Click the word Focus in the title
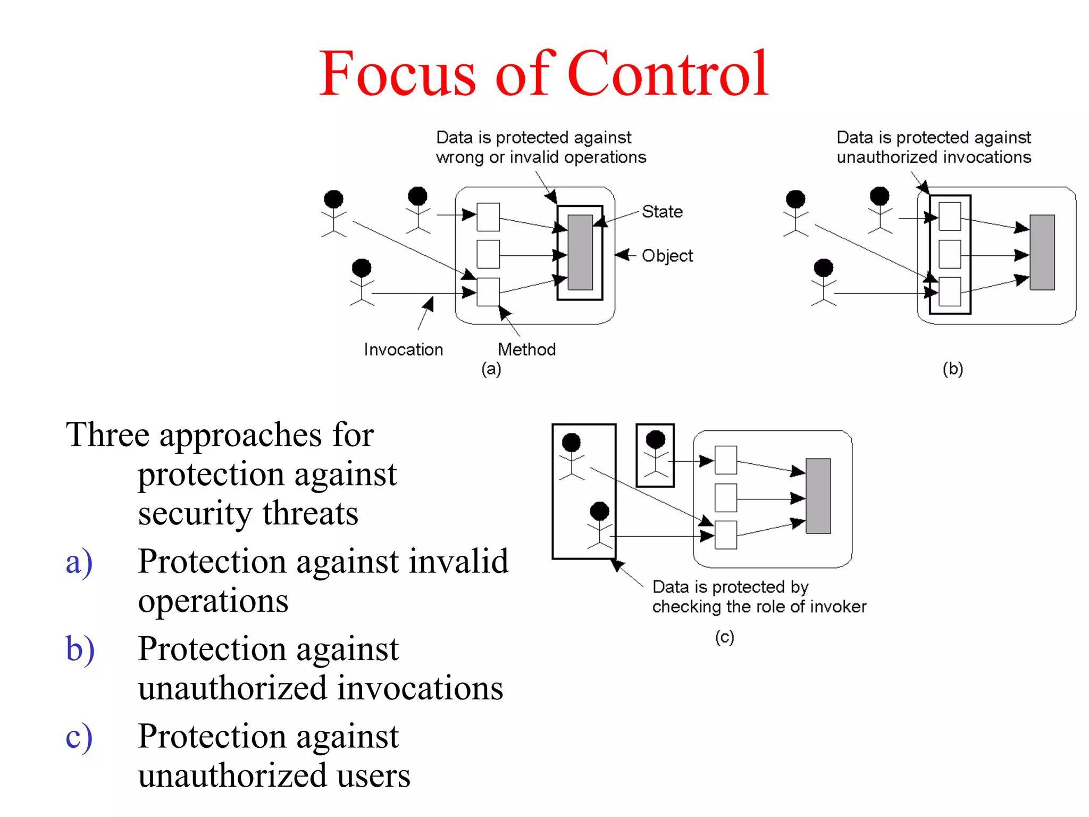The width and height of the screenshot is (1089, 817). click(397, 74)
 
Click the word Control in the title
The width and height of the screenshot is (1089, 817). click(667, 74)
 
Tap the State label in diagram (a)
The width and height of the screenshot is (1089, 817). click(662, 212)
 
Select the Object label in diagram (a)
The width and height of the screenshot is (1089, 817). click(667, 256)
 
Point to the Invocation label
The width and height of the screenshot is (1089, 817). click(403, 349)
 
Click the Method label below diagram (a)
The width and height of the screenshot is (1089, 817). click(526, 349)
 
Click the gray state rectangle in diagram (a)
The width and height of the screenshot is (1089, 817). click(580, 252)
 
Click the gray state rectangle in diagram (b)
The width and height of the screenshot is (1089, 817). click(1042, 252)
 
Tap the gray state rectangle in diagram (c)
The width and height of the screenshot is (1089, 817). click(818, 496)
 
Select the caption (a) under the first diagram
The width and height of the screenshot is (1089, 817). click(491, 369)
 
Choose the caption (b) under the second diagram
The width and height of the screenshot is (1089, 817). click(952, 369)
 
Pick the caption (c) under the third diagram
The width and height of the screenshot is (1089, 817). click(724, 637)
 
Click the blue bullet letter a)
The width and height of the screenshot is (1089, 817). click(79, 562)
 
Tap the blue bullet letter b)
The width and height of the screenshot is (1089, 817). click(80, 649)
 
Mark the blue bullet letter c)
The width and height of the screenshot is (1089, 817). click(79, 737)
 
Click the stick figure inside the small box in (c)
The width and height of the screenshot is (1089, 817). click(655, 455)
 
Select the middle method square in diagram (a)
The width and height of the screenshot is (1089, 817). click(488, 254)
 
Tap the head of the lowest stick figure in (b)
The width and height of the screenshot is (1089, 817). click(823, 268)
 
